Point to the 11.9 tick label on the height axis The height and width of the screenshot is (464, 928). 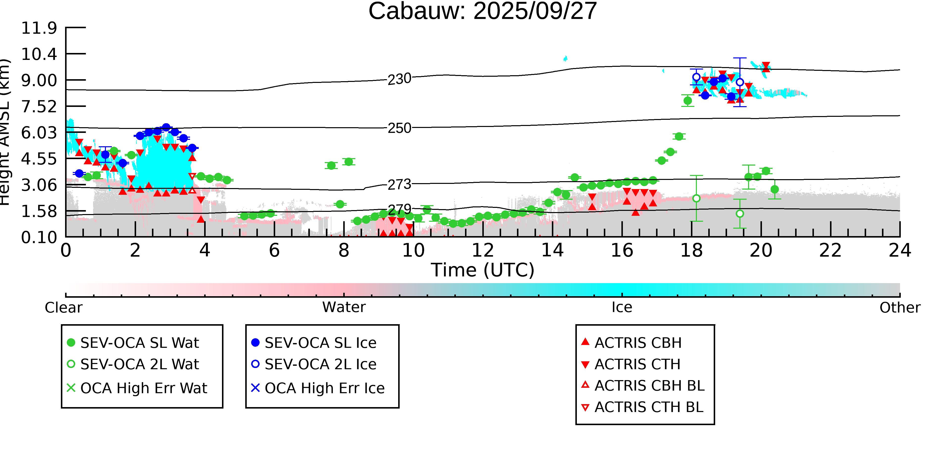point(39,28)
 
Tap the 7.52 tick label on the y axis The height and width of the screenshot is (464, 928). point(39,107)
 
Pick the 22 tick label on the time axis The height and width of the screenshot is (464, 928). point(830,250)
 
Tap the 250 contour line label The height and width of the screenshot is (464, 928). point(399,128)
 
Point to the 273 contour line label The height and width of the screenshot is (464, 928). point(399,184)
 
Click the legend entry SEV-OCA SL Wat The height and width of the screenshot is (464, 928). point(139,343)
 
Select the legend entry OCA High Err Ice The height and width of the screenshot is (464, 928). point(324,388)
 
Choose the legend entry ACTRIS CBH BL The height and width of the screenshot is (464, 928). point(649,386)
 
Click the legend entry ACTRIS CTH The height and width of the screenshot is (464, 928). point(637,365)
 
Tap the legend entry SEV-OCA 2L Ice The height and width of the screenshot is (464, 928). point(320,365)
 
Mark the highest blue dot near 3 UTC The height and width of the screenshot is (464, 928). point(166,127)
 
